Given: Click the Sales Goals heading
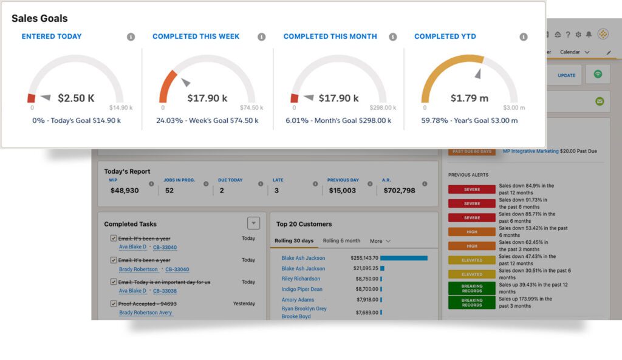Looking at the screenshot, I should [39, 18].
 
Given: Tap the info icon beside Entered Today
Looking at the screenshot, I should [131, 37].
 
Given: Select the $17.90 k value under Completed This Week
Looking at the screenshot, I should [207, 98].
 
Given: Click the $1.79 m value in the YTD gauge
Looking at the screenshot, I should [469, 98].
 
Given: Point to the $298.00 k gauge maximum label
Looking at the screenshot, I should [381, 108].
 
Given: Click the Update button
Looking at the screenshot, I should [566, 75].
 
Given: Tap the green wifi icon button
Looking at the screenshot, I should [598, 74].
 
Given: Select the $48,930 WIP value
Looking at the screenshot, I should [125, 191].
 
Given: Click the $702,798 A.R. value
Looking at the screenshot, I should [399, 191].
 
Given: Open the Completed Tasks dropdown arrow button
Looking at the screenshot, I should [254, 223].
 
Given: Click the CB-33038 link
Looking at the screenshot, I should [165, 291].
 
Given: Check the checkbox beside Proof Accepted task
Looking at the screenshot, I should [114, 304].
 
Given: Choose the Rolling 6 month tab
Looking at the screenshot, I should [341, 241].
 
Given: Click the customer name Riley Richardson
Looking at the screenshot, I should [301, 279].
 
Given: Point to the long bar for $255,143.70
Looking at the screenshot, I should [403, 258].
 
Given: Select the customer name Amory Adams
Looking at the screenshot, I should [298, 300].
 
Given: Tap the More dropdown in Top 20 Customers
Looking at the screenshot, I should [380, 241].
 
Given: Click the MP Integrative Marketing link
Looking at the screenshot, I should [530, 151].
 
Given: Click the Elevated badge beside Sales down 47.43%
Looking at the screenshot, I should [471, 260].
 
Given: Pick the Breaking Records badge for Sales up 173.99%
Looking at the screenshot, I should [471, 302].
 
